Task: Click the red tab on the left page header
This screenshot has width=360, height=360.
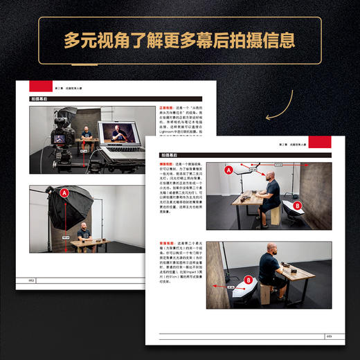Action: tap(40, 86)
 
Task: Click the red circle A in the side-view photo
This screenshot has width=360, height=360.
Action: tap(228, 169)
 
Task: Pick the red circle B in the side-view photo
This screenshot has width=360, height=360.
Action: tap(297, 206)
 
